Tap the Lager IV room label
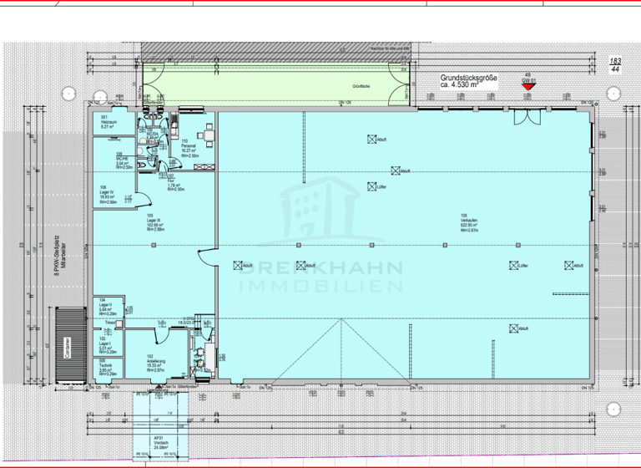tap(106, 194)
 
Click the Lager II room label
tap(106, 307)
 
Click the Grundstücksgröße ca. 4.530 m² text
tap(469, 81)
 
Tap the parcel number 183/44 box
tap(615, 66)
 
